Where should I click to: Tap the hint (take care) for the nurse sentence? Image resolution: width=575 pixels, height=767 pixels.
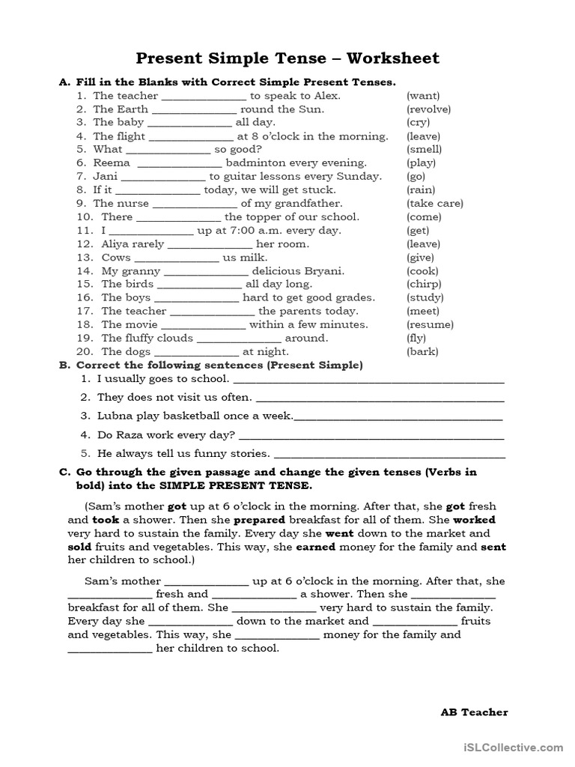[434, 203]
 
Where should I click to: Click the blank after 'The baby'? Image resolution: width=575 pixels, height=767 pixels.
[190, 123]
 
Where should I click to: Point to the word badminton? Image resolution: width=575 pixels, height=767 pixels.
[255, 163]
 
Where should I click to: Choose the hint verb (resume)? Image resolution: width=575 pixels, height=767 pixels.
[430, 324]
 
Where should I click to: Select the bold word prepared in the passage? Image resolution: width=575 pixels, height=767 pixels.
[259, 519]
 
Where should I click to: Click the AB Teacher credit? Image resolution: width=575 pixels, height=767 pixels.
[474, 712]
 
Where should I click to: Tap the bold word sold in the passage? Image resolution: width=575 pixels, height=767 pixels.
[80, 547]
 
